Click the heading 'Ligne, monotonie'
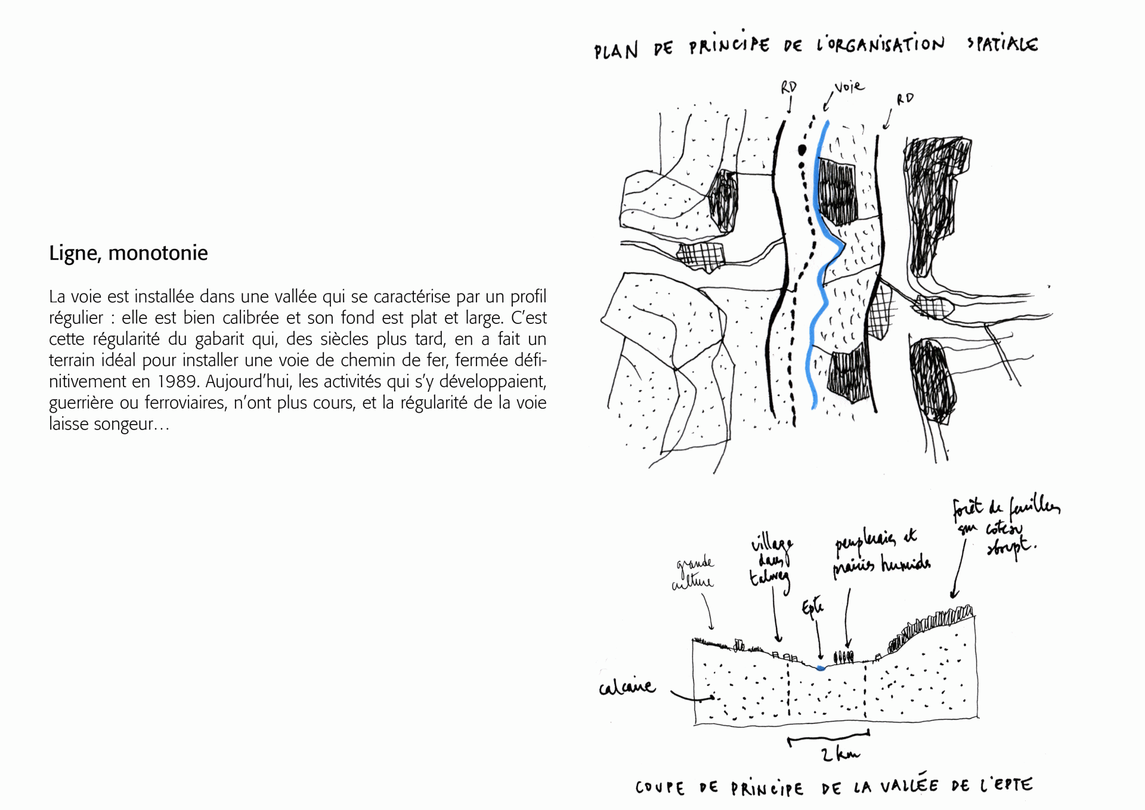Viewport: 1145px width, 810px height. pyautogui.click(x=128, y=253)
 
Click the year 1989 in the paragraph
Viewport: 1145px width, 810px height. pyautogui.click(x=177, y=381)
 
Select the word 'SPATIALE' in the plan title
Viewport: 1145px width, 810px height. pyautogui.click(x=1002, y=44)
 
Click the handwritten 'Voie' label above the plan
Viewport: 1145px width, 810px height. pyautogui.click(x=849, y=87)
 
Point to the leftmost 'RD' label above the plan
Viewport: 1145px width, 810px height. pyautogui.click(x=788, y=88)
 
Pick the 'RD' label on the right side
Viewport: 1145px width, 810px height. pyautogui.click(x=904, y=99)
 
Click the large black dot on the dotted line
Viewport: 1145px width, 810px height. pyautogui.click(x=802, y=149)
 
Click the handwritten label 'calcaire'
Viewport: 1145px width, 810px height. pyautogui.click(x=626, y=688)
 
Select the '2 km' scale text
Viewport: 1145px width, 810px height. pyautogui.click(x=840, y=755)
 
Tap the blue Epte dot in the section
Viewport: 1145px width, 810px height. pyautogui.click(x=821, y=668)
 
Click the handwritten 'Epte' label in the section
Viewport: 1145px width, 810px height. pyautogui.click(x=812, y=608)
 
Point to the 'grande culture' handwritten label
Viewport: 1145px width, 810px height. pyautogui.click(x=693, y=573)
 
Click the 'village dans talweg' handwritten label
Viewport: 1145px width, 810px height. pyautogui.click(x=770, y=561)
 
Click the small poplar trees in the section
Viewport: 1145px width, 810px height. pyautogui.click(x=843, y=657)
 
